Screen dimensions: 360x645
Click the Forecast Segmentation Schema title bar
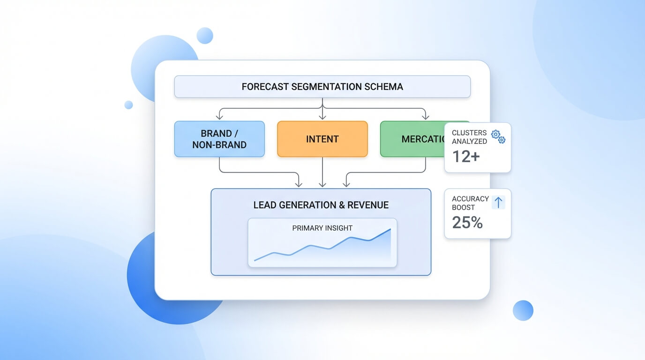click(x=322, y=87)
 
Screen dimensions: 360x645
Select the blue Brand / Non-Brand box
click(x=219, y=139)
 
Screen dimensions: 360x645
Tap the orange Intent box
click(x=322, y=139)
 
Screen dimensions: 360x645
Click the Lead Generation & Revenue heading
click(x=321, y=205)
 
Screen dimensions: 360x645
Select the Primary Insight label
click(x=322, y=228)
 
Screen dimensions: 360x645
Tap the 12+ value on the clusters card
click(x=465, y=157)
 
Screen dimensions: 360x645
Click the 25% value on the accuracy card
click(x=467, y=222)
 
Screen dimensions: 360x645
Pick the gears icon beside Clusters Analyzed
click(x=498, y=136)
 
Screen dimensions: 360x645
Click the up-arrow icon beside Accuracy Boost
click(x=498, y=202)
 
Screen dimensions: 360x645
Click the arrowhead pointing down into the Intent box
click(x=322, y=117)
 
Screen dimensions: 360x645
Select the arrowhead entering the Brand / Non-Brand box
click(x=219, y=117)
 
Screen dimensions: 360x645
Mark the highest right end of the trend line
click(x=390, y=229)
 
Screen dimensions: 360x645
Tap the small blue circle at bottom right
click(x=523, y=310)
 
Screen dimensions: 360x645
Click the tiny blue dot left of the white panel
click(x=128, y=105)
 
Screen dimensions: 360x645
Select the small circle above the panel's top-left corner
click(x=204, y=36)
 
